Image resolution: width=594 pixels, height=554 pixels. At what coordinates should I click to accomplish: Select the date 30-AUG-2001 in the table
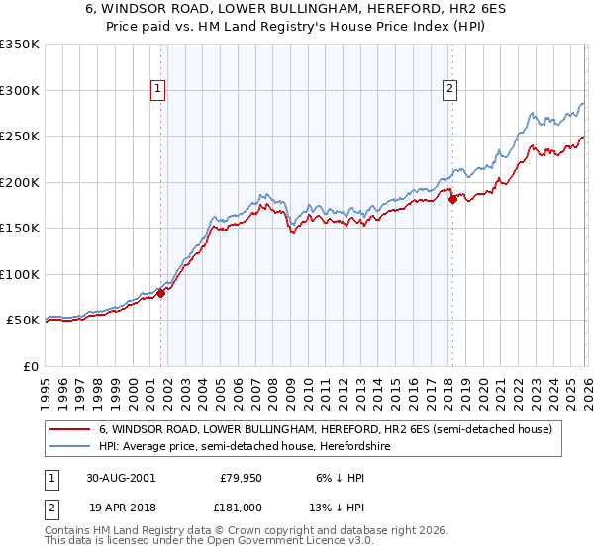pos(121,477)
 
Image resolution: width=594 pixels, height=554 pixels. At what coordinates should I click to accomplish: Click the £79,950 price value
pos(239,477)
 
